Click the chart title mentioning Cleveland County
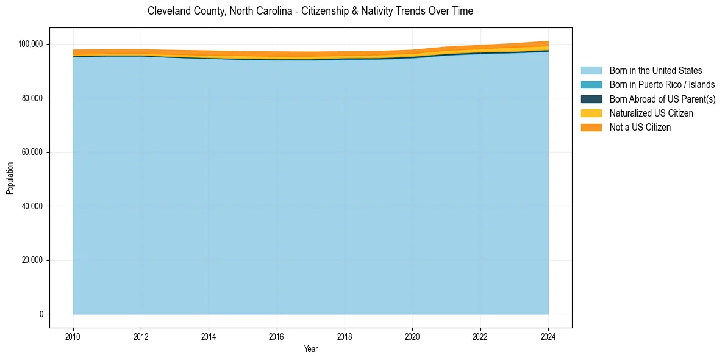pyautogui.click(x=310, y=11)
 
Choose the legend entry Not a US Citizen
pyautogui.click(x=640, y=128)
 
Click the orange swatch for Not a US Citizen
pyautogui.click(x=591, y=128)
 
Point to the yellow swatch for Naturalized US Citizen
pyautogui.click(x=591, y=113)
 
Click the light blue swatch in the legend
pyautogui.click(x=591, y=71)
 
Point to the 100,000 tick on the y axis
pyautogui.click(x=30, y=44)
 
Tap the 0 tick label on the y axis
pyautogui.click(x=41, y=314)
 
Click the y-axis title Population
pyautogui.click(x=10, y=178)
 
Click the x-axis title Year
pyautogui.click(x=310, y=350)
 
